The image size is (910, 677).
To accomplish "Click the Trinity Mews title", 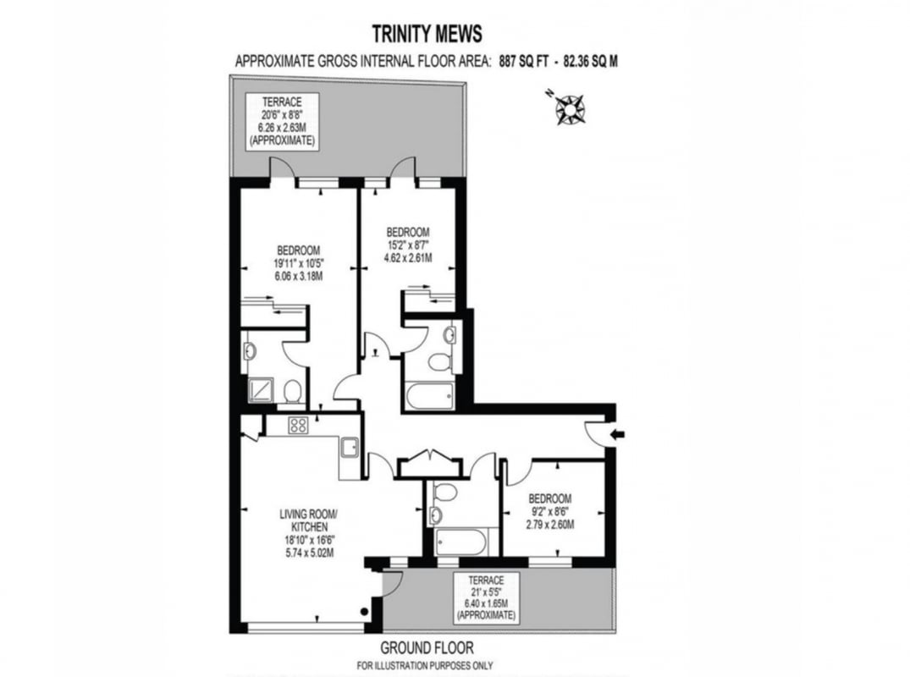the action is (x=427, y=34).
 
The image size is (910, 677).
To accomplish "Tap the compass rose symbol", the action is (x=570, y=108).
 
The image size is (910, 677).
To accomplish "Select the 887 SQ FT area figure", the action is (x=523, y=62).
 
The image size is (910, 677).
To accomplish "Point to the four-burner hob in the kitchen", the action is (x=298, y=426).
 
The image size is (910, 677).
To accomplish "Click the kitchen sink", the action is (x=350, y=449).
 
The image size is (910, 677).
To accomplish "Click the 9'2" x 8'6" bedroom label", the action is (x=549, y=511).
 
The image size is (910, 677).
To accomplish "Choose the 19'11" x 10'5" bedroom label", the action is (x=298, y=263).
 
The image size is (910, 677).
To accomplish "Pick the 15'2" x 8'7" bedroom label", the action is (x=408, y=245).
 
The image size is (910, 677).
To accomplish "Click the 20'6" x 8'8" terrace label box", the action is (x=282, y=121).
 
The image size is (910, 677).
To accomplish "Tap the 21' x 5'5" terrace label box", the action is (x=487, y=597).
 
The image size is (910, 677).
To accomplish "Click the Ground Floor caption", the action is (x=427, y=647).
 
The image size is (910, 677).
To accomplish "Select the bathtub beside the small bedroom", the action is (x=462, y=542).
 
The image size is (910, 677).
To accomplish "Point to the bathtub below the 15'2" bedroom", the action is (x=429, y=396).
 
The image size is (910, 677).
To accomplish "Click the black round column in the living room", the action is (x=364, y=611).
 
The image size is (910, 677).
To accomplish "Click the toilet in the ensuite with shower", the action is (x=292, y=392).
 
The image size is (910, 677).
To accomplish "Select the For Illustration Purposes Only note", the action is (x=425, y=665).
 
